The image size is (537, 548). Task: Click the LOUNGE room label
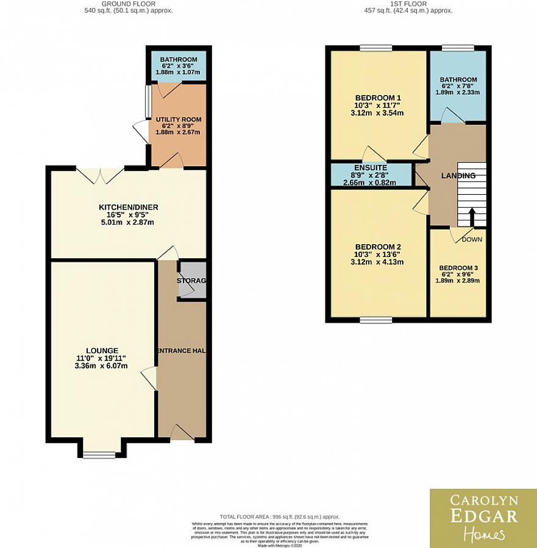pos(102,350)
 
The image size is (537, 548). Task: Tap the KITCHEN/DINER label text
pos(129,208)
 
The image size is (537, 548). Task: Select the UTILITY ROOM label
pos(178,119)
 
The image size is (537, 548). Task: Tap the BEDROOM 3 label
pos(459,268)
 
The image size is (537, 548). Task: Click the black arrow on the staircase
pos(472,216)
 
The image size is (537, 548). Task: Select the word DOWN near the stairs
pos(472,239)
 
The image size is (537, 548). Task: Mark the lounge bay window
pos(99,454)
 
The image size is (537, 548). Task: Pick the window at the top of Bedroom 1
pos(375,48)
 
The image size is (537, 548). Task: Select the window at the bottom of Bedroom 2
pos(375,318)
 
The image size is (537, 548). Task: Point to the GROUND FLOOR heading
pos(129,4)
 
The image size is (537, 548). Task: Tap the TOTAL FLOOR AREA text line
pos(280,517)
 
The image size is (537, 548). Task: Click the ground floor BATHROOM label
pos(179,60)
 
